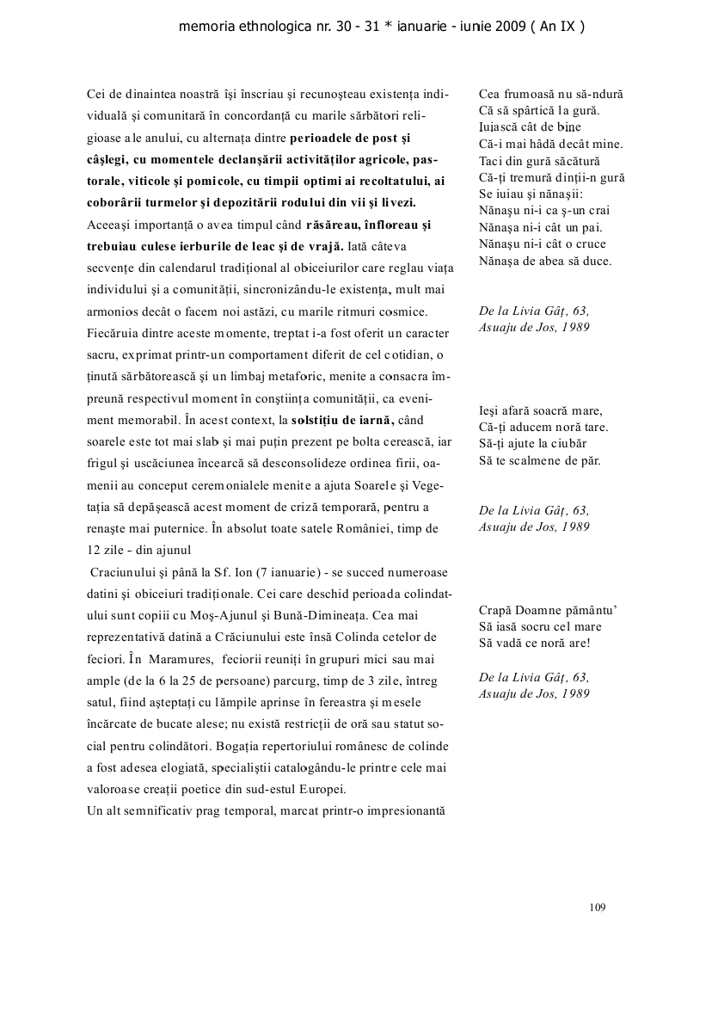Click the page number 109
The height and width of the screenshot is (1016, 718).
click(598, 906)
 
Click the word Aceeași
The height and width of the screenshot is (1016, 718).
click(108, 225)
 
